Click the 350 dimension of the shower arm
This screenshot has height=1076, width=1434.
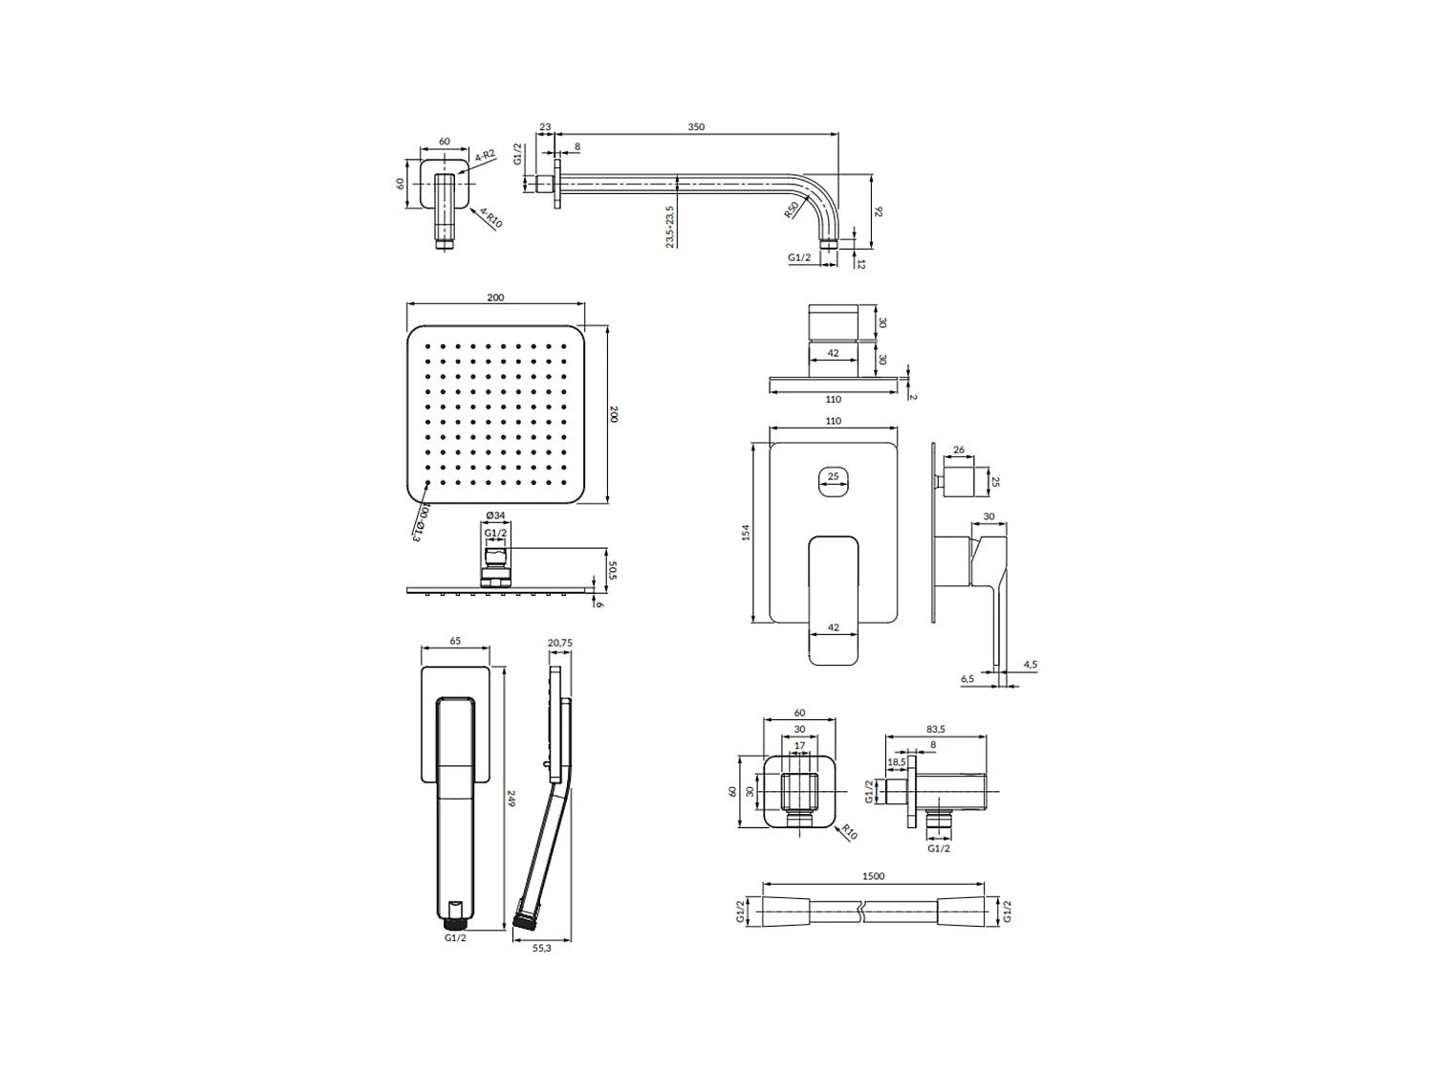696,127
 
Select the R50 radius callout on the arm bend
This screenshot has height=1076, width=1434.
792,209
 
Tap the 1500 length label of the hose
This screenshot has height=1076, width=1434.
873,876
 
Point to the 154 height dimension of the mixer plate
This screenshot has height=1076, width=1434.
746,533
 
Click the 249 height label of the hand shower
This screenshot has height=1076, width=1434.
511,799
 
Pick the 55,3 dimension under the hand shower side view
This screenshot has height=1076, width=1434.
542,948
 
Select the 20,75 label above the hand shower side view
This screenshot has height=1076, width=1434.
560,643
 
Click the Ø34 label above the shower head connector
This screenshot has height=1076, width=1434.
496,516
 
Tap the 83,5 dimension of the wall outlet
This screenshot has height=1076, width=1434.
936,729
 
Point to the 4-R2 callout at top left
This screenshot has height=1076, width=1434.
486,156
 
